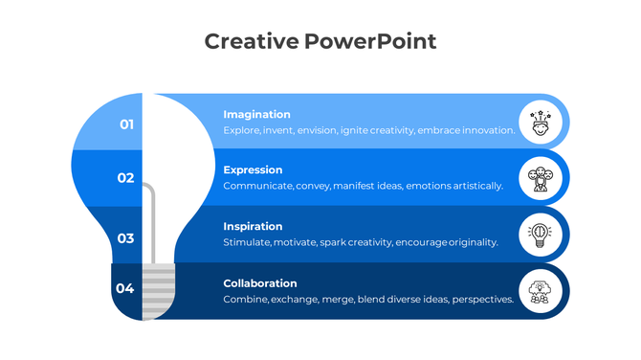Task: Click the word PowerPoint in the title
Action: pyautogui.click(x=370, y=41)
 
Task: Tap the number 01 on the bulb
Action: pyautogui.click(x=126, y=124)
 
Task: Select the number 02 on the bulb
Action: pyautogui.click(x=125, y=178)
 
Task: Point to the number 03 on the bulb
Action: pyautogui.click(x=125, y=238)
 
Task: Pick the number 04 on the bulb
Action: pyautogui.click(x=125, y=288)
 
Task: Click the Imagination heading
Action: pyautogui.click(x=256, y=115)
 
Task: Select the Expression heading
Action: pyautogui.click(x=253, y=170)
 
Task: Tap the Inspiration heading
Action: pyautogui.click(x=253, y=227)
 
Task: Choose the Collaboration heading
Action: pyautogui.click(x=260, y=283)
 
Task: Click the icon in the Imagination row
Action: pyautogui.click(x=541, y=123)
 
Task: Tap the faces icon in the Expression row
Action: pyautogui.click(x=541, y=178)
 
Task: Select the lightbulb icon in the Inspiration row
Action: pyautogui.click(x=541, y=235)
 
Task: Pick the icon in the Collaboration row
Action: pyautogui.click(x=541, y=290)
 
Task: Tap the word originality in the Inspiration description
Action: pyautogui.click(x=473, y=242)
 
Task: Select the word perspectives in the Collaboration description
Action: pyautogui.click(x=482, y=299)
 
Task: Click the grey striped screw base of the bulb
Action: pyautogui.click(x=160, y=292)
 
